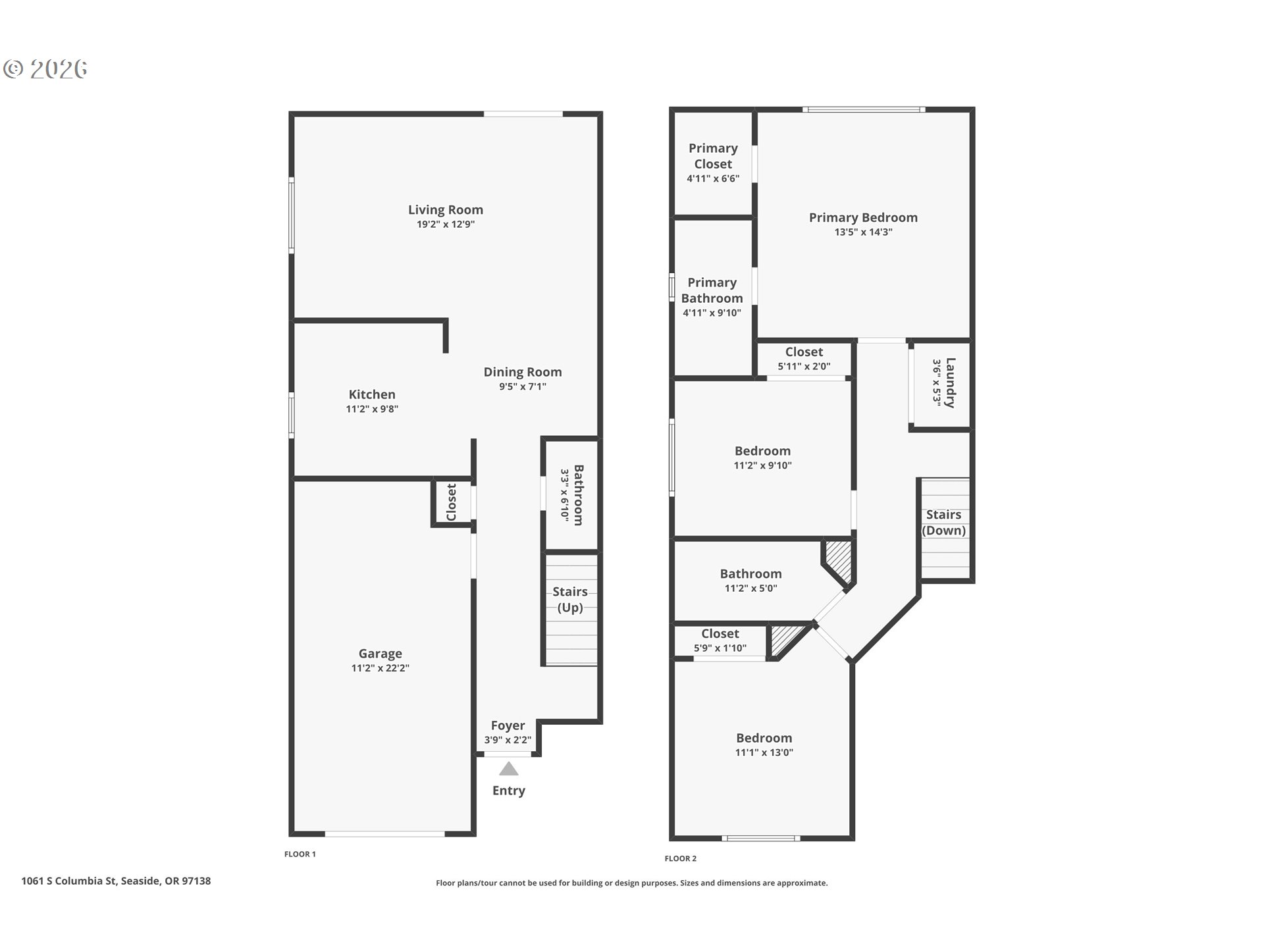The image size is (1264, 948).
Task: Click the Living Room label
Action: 445,210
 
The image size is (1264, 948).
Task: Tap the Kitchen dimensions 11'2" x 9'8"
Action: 372,409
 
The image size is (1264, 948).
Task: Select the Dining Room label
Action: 522,372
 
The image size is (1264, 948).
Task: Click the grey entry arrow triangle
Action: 508,769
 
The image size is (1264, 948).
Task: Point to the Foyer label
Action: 508,725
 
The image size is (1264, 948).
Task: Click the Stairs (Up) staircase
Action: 570,610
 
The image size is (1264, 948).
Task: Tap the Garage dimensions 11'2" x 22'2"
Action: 380,668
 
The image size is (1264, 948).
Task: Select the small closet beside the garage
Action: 452,503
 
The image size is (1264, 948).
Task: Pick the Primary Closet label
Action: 713,156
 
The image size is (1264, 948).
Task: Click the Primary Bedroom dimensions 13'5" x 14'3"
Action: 863,232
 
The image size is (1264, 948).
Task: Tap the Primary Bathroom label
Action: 712,290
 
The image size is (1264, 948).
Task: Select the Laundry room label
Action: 950,382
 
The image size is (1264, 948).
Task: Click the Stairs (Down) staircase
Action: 944,527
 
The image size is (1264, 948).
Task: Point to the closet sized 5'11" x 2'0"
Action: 804,359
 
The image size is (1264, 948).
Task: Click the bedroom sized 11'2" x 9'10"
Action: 762,458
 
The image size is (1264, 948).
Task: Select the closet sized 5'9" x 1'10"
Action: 720,640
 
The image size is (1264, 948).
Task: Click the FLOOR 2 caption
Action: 680,858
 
